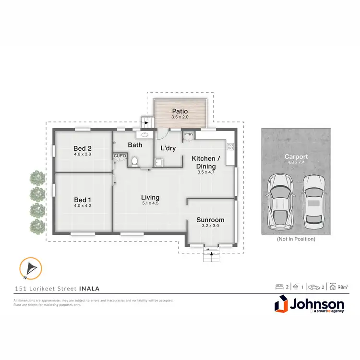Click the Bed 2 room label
(83, 148)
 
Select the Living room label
(150, 197)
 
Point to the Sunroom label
(210, 220)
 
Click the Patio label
(180, 111)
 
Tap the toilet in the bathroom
(135, 161)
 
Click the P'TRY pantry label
(189, 134)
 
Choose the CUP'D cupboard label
(120, 156)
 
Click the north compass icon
(30, 269)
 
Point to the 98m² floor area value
(342, 287)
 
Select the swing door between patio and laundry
(162, 134)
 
